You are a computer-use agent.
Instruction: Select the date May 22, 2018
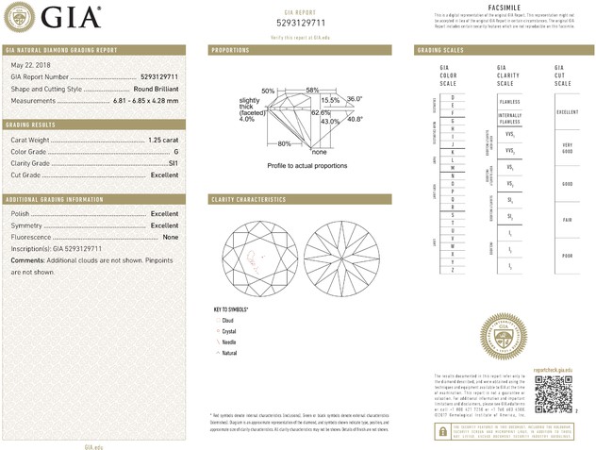point(28,64)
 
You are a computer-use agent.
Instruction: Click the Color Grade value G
point(175,152)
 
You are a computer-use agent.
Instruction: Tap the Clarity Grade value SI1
point(173,163)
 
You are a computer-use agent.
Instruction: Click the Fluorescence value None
point(171,237)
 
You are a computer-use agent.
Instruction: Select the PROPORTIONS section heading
point(230,50)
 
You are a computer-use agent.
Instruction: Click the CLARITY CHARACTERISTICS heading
point(248,200)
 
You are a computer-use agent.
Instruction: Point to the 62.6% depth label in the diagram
point(321,111)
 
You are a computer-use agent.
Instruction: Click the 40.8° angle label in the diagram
point(355,119)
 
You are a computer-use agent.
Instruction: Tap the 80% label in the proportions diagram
point(284,143)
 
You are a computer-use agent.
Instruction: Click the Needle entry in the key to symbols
point(229,342)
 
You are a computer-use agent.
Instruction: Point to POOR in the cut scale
point(566,256)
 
